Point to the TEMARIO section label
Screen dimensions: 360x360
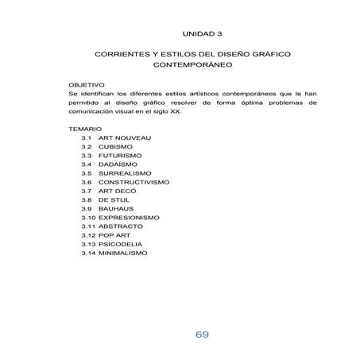(85, 128)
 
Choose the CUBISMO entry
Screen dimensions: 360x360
(116, 147)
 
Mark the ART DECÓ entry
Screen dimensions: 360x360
(118, 192)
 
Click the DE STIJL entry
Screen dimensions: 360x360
(115, 200)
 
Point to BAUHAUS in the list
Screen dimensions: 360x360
(116, 209)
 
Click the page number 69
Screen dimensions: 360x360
(202, 334)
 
